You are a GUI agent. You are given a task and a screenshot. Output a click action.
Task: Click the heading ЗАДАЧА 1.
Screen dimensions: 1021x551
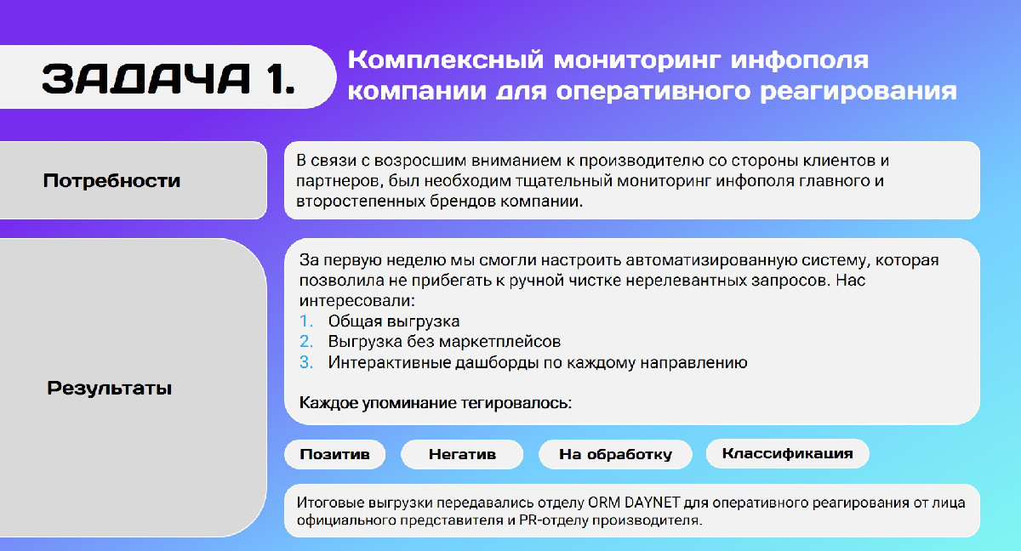pos(168,78)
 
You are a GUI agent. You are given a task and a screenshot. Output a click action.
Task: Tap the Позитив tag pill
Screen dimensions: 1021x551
pos(334,454)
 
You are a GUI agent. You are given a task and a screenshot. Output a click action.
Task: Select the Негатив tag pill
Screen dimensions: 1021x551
pos(462,454)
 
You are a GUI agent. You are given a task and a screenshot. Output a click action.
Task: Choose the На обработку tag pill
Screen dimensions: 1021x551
pos(615,454)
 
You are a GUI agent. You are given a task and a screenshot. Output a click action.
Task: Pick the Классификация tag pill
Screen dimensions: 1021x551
pos(787,453)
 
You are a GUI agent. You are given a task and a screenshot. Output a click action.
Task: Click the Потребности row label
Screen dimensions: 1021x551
pos(111,181)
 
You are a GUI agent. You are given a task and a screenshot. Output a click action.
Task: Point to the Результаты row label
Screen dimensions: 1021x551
pos(110,388)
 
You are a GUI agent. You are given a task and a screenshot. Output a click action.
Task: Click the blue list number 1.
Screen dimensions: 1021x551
pos(305,321)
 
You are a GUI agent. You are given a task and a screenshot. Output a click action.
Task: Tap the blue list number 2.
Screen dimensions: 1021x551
pos(305,342)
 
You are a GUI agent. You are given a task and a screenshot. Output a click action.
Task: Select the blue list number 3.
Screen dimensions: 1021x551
pos(305,362)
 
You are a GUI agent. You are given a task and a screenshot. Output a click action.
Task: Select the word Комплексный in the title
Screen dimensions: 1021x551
pos(446,60)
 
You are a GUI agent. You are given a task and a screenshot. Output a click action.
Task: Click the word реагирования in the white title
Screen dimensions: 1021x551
pos(858,91)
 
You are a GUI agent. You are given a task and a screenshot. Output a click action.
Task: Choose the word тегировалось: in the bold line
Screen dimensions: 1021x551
pos(516,403)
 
